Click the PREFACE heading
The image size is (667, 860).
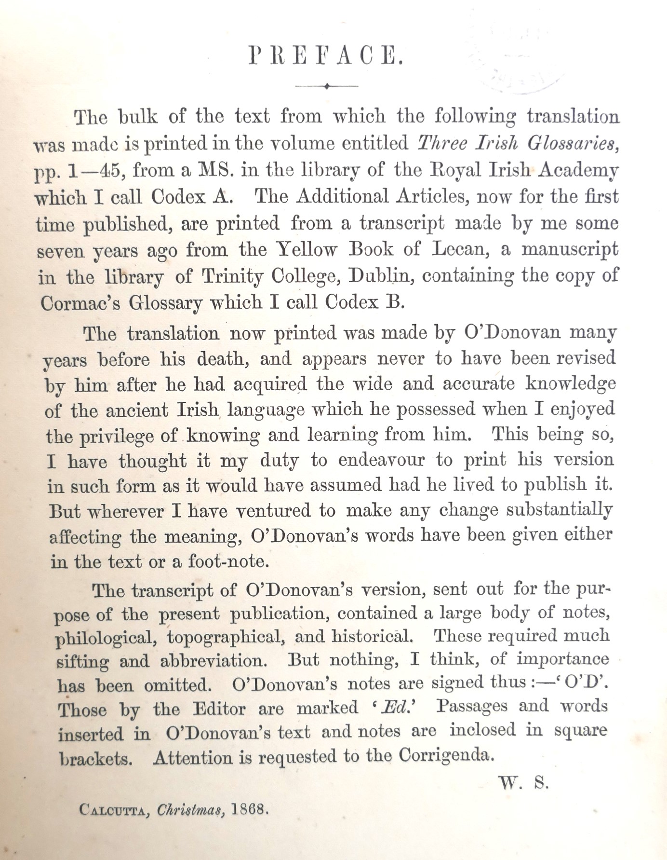(326, 57)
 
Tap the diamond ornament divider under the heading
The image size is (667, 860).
(326, 86)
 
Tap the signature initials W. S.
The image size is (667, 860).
(523, 783)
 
